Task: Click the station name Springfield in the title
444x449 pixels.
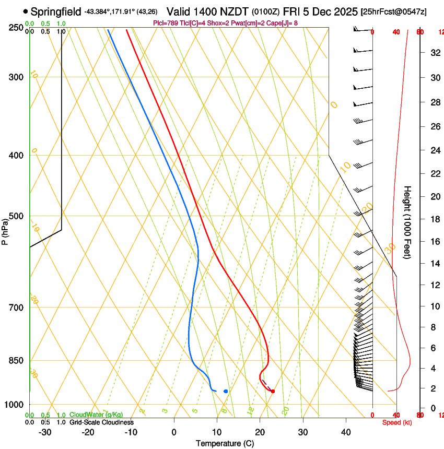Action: (x=56, y=11)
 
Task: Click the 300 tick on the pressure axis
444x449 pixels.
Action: (x=17, y=77)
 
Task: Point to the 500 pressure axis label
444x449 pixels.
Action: (x=17, y=216)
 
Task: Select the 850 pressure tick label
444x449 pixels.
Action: (x=17, y=361)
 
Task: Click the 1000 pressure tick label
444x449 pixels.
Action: (x=15, y=405)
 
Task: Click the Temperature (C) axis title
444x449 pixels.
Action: (x=225, y=443)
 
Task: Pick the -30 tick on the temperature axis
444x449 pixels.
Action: (x=45, y=432)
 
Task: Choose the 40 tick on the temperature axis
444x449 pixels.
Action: (x=345, y=432)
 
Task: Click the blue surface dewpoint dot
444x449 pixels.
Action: (x=226, y=391)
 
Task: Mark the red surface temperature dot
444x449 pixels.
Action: (x=273, y=391)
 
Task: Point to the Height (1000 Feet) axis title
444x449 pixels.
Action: (x=408, y=222)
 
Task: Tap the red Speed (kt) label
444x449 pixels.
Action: (x=397, y=422)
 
